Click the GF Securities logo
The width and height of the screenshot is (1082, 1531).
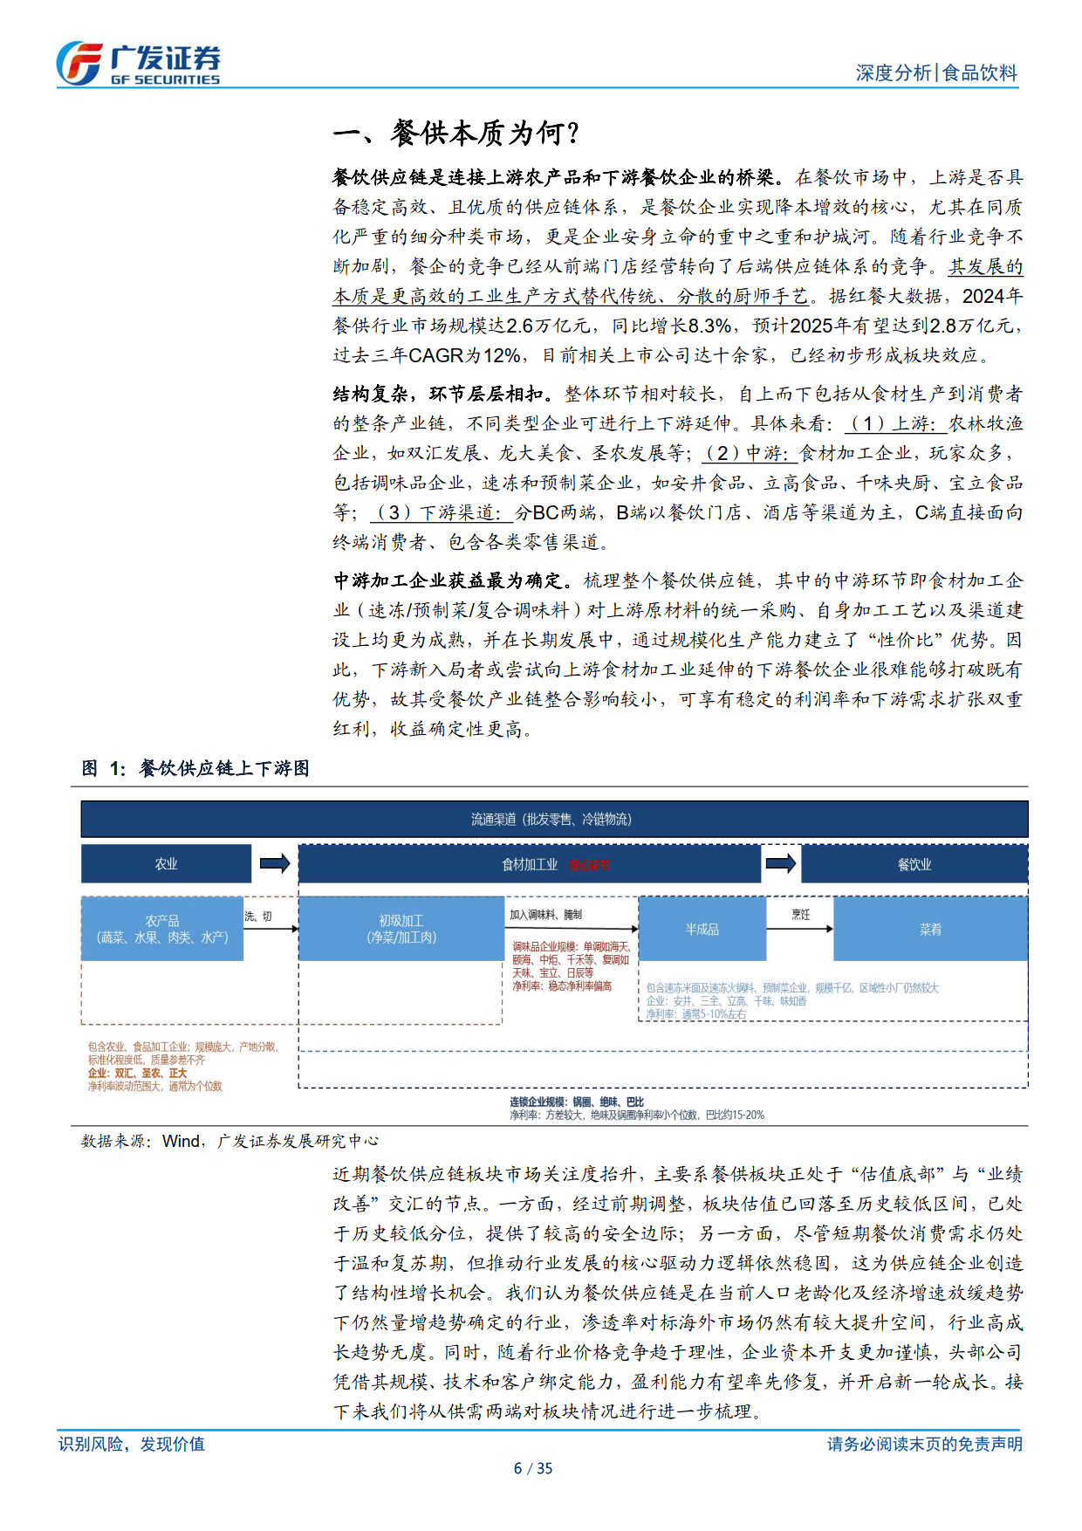tap(138, 64)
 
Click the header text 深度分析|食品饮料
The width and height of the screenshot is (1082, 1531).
tap(935, 73)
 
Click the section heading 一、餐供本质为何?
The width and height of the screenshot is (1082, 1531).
tap(456, 133)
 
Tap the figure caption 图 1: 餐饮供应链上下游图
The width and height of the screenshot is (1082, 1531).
tap(195, 768)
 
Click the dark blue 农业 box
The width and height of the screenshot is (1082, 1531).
tap(166, 864)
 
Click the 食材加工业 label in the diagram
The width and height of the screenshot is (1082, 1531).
tap(530, 865)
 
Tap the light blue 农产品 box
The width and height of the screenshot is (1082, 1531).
tap(162, 929)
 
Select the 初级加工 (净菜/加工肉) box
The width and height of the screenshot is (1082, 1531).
tap(401, 929)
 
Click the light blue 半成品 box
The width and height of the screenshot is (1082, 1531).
tap(702, 930)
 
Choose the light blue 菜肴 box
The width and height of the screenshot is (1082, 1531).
tap(930, 930)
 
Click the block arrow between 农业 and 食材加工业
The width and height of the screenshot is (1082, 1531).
tap(275, 864)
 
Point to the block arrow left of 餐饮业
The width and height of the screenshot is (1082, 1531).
tap(780, 864)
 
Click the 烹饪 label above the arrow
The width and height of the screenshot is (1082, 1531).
tap(800, 915)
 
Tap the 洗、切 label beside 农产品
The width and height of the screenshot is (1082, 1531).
tap(258, 917)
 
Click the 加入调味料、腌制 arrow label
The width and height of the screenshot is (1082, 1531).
tap(545, 915)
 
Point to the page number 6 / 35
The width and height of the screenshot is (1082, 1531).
tap(533, 1468)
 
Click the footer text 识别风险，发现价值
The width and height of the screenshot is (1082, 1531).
tap(132, 1444)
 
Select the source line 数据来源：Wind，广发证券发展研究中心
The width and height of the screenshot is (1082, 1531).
tap(229, 1141)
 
